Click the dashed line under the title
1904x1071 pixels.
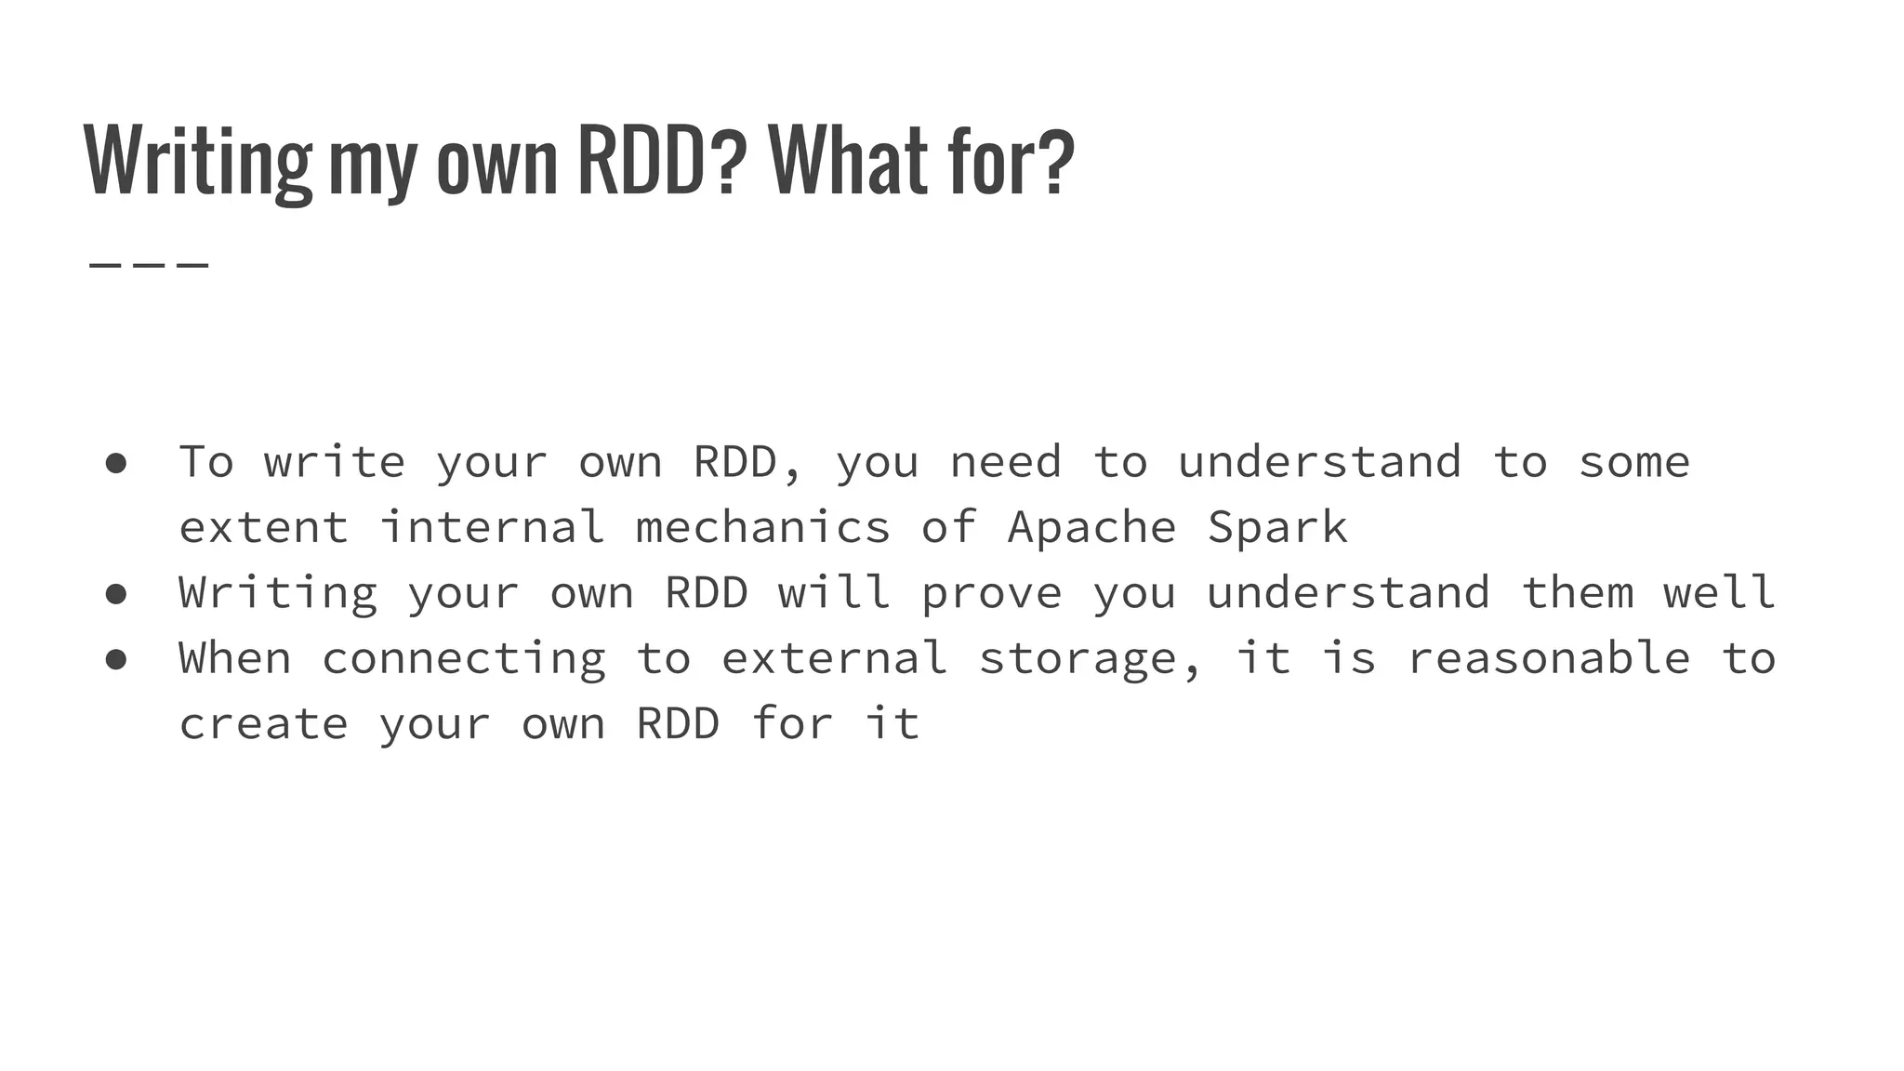point(149,266)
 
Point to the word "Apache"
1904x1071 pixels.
point(1091,528)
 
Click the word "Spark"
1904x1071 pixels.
point(1277,528)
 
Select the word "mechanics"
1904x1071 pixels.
point(762,528)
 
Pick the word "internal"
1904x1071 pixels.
point(492,528)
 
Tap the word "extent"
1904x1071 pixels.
point(264,528)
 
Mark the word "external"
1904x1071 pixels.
point(834,659)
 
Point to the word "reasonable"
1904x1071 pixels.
point(1548,659)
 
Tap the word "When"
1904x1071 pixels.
point(235,659)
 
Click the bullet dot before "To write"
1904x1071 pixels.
point(116,463)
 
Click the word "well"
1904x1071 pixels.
point(1719,593)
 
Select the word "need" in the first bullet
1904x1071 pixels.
point(1005,463)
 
